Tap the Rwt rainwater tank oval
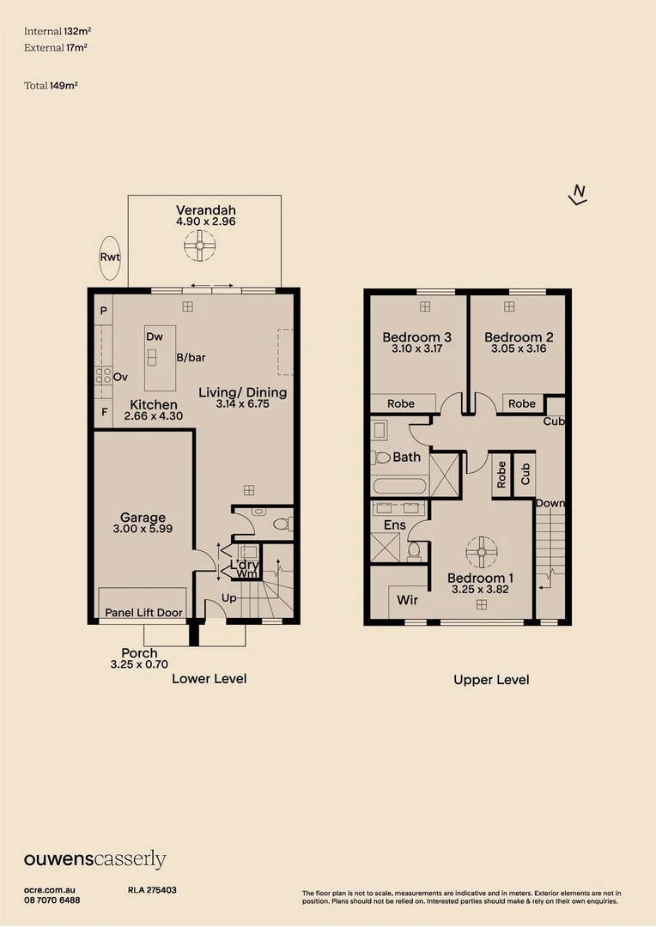click(x=110, y=257)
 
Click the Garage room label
click(x=143, y=518)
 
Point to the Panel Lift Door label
click(x=143, y=613)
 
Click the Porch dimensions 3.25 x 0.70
click(x=139, y=664)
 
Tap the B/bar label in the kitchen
click(x=190, y=357)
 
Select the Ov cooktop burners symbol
click(x=103, y=375)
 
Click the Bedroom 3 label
click(x=417, y=337)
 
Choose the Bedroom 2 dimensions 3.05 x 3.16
click(x=518, y=349)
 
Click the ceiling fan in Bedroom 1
click(x=481, y=547)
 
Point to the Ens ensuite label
click(x=394, y=524)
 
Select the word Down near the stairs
click(x=550, y=503)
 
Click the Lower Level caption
click(x=209, y=678)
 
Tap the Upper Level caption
click(x=491, y=679)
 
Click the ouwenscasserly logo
click(x=94, y=859)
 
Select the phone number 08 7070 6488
click(x=52, y=900)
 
